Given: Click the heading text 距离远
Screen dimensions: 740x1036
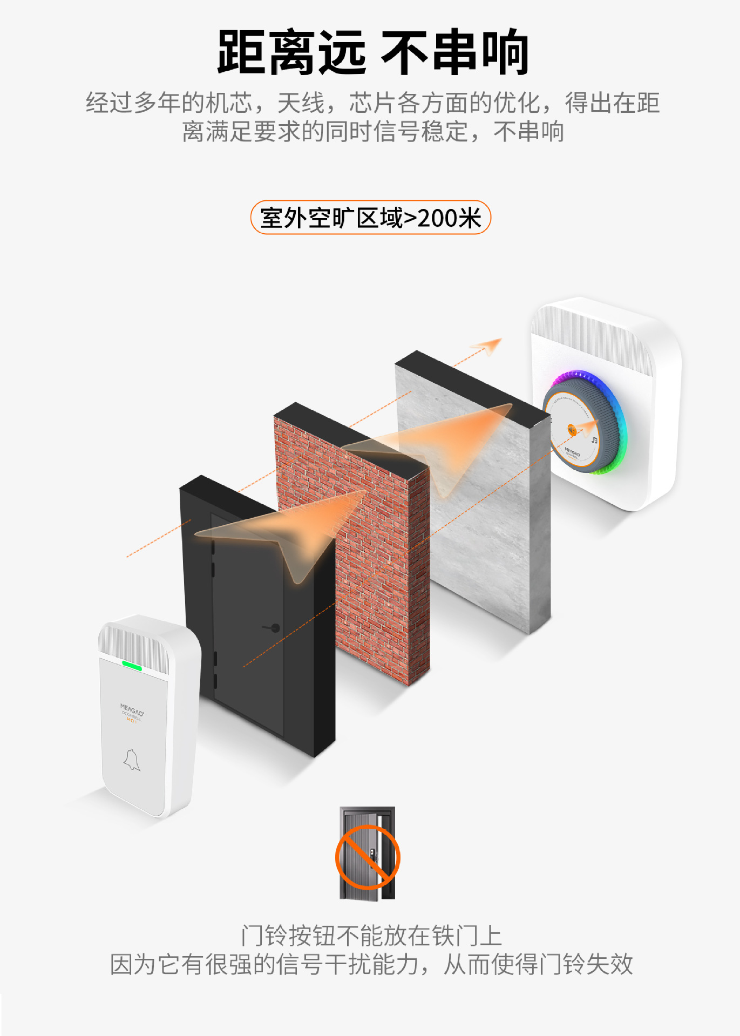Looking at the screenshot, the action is tap(291, 52).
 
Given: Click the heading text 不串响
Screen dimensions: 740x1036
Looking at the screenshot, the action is tap(454, 52).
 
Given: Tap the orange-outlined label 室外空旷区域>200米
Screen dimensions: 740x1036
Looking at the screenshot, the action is tap(370, 218).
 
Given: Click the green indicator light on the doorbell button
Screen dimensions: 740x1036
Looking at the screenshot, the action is tap(132, 666).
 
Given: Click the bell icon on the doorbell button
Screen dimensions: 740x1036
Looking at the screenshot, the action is tap(132, 760).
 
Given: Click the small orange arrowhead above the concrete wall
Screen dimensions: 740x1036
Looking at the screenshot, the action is tap(488, 346).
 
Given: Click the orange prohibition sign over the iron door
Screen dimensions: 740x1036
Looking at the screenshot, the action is tap(368, 857).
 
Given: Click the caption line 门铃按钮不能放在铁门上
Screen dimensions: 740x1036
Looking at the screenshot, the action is tap(371, 936).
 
